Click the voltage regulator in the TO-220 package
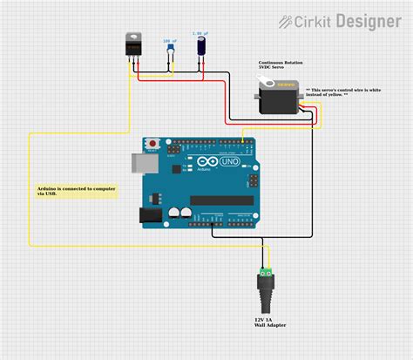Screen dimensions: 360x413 [x=135, y=45]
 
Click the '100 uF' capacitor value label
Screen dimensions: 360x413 [x=170, y=41]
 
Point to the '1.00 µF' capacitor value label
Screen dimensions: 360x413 [x=201, y=34]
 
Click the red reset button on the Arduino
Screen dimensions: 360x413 [x=154, y=142]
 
